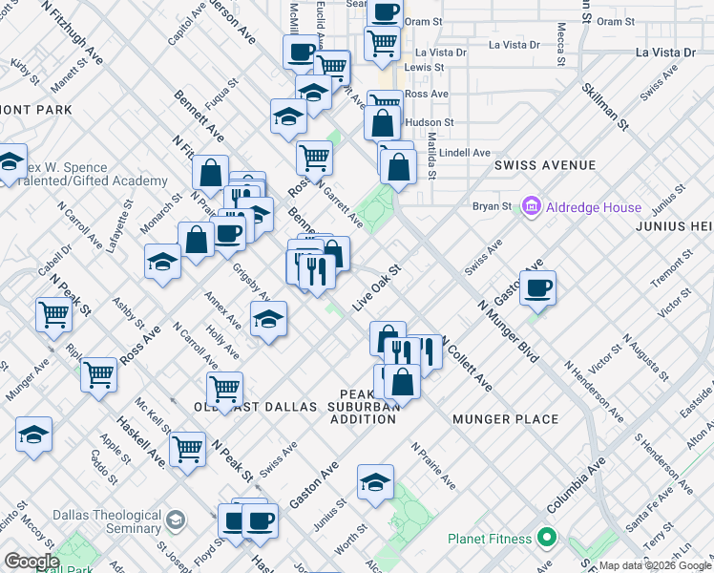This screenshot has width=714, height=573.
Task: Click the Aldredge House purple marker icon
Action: (x=532, y=206)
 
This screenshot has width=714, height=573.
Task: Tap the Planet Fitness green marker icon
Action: (x=546, y=539)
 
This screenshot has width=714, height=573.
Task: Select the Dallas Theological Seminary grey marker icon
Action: (x=175, y=520)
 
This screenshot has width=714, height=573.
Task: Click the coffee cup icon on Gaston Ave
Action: (x=538, y=287)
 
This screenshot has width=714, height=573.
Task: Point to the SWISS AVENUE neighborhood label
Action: (x=545, y=165)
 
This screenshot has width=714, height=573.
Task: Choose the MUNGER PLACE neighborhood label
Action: (x=505, y=419)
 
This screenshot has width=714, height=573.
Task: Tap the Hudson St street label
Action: (x=429, y=123)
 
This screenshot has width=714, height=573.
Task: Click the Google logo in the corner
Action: (x=31, y=562)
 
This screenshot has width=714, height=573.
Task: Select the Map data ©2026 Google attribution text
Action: (x=654, y=565)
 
